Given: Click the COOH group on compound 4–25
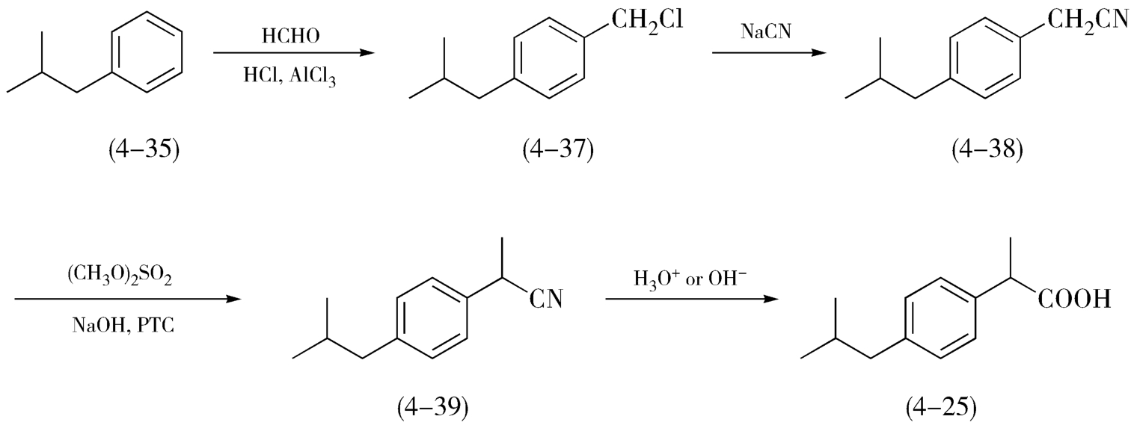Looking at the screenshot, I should (x=1073, y=301).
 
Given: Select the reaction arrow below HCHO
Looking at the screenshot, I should (x=292, y=53).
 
